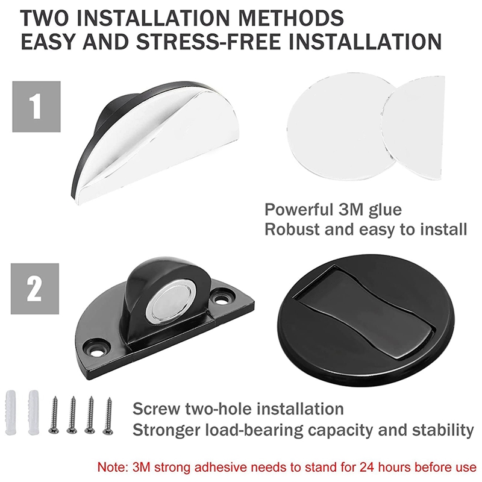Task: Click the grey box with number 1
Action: point(37,106)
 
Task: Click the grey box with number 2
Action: point(37,288)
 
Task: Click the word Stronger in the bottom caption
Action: point(165,430)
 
